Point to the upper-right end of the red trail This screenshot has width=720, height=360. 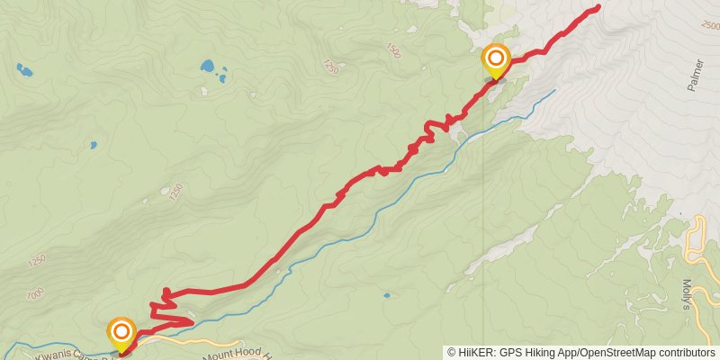[598, 8]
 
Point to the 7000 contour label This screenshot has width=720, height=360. [34, 294]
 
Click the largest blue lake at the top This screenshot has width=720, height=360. [209, 67]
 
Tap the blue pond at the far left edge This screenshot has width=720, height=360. [22, 69]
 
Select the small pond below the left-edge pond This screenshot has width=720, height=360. [93, 144]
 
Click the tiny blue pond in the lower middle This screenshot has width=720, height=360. [386, 294]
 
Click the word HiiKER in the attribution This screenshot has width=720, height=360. [474, 353]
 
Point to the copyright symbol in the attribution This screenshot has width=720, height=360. [451, 353]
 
